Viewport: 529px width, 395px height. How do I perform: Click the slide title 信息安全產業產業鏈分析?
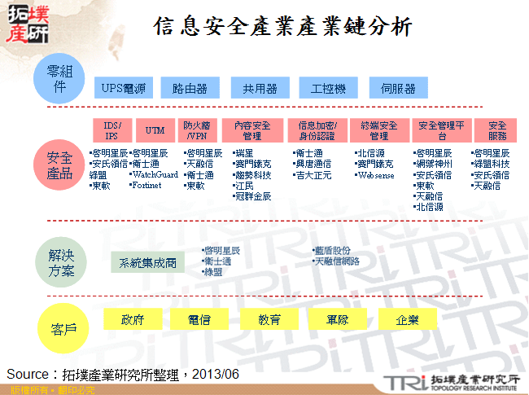(x=283, y=28)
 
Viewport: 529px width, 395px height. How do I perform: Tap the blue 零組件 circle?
(x=59, y=79)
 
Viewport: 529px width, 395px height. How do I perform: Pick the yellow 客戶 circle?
(x=59, y=327)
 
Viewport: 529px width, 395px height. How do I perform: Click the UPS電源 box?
(x=124, y=88)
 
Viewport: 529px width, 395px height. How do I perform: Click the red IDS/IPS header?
(x=111, y=130)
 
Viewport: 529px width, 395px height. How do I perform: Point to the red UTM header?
(x=155, y=130)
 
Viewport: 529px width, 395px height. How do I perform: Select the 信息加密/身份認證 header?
(x=317, y=130)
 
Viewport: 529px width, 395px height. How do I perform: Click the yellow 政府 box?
(x=132, y=320)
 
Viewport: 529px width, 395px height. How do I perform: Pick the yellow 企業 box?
(x=407, y=320)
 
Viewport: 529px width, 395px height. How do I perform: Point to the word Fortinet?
(x=147, y=185)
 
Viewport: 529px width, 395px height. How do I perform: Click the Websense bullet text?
(x=376, y=175)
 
